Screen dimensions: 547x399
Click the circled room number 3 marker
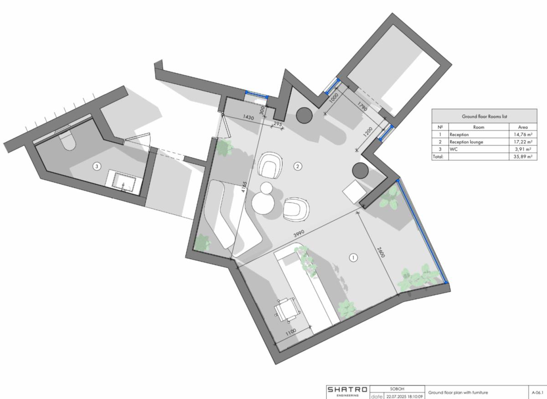97,166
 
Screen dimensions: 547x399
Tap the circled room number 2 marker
297,166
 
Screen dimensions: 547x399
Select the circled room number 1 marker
353,257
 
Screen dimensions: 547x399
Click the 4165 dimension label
244,187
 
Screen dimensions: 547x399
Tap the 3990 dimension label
299,233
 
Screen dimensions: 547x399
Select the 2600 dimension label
381,253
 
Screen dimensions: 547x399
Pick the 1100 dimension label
291,332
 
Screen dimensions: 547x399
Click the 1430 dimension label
248,117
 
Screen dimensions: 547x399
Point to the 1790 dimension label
362,106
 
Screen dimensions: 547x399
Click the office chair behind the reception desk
287,310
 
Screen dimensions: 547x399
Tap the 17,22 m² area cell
522,142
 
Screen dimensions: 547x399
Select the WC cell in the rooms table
454,149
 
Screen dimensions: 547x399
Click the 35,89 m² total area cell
522,156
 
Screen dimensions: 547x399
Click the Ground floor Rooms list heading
484,117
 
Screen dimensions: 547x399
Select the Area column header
522,127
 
